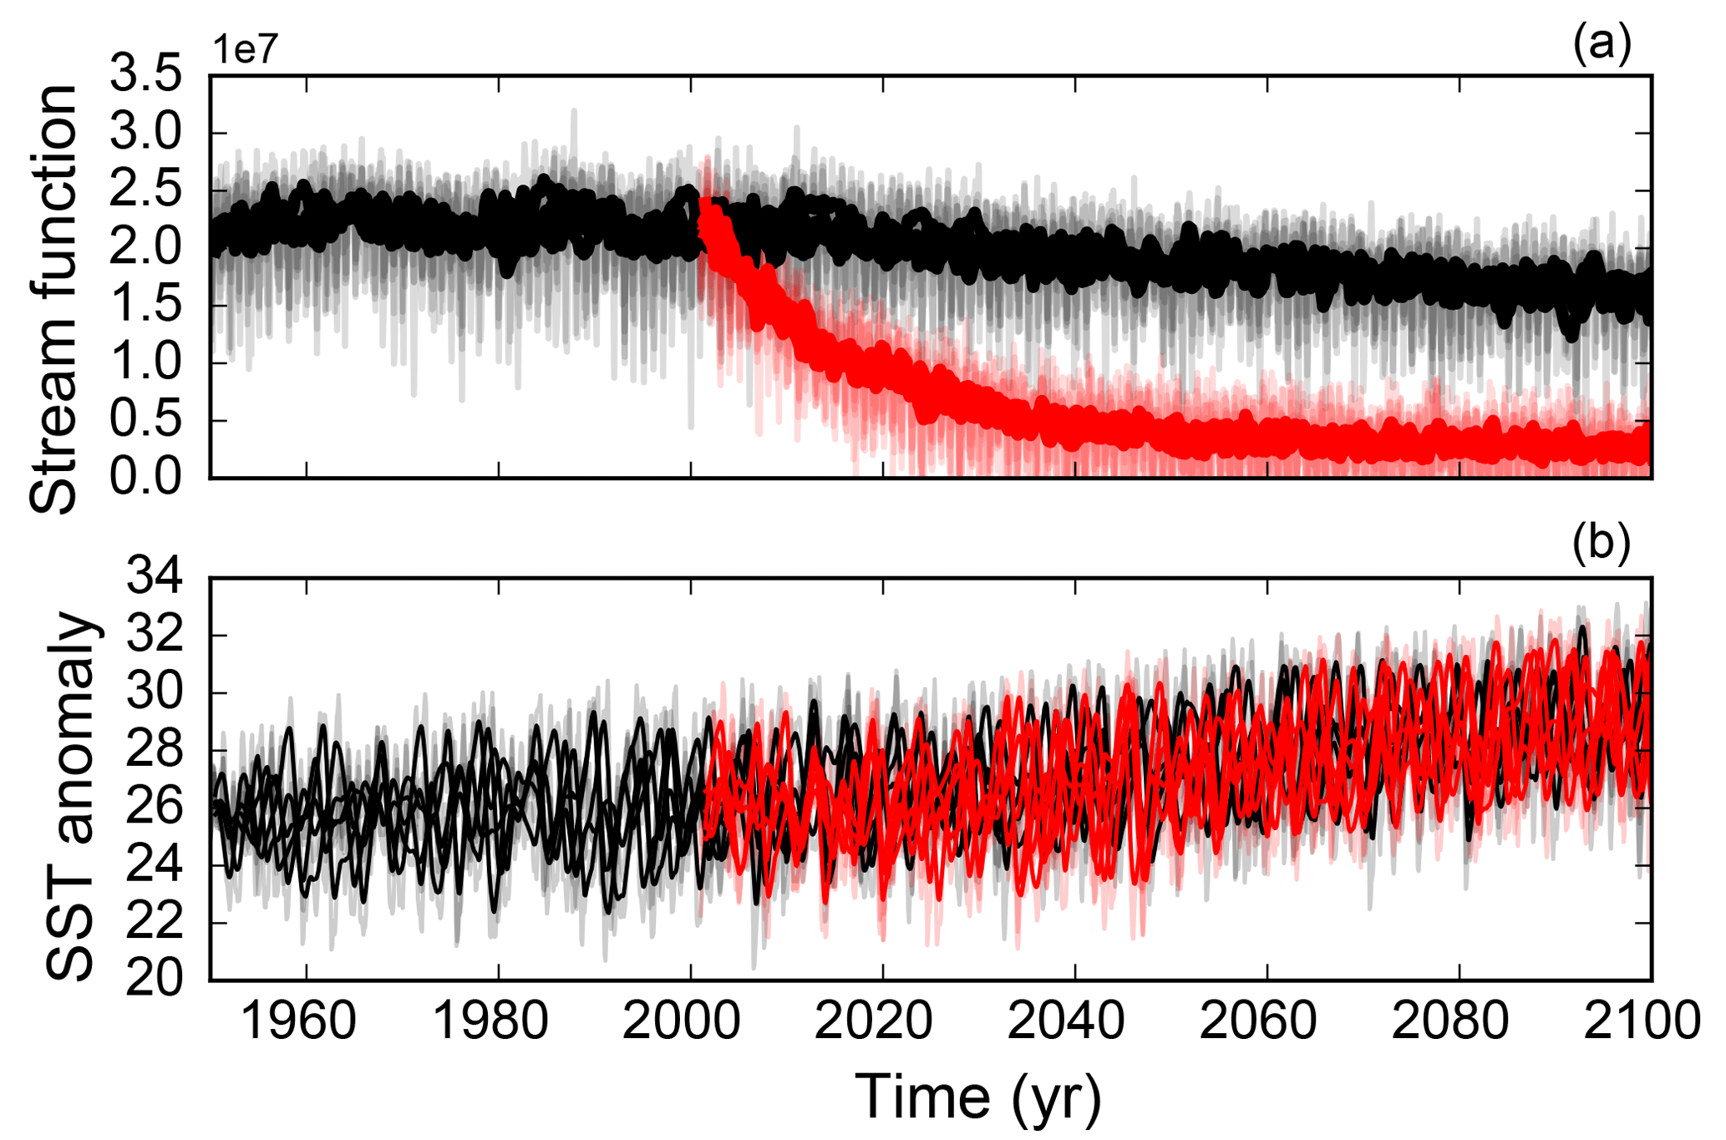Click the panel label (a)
pos(1601,43)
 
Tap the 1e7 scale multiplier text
pos(245,50)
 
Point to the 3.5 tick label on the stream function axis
pos(147,76)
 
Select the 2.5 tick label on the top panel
pos(147,190)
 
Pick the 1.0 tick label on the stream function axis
pos(147,363)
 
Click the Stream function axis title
pos(53,298)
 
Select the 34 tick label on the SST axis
pos(155,577)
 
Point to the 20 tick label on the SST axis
pos(155,979)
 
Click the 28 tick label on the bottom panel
pos(155,749)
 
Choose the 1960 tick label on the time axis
pos(299,1021)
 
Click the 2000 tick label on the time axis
pos(683,1021)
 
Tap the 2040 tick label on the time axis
pos(1067,1021)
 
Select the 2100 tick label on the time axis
pos(1642,1021)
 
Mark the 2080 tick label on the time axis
pos(1451,1021)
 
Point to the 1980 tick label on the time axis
pos(491,1021)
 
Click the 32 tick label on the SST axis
pos(155,635)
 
